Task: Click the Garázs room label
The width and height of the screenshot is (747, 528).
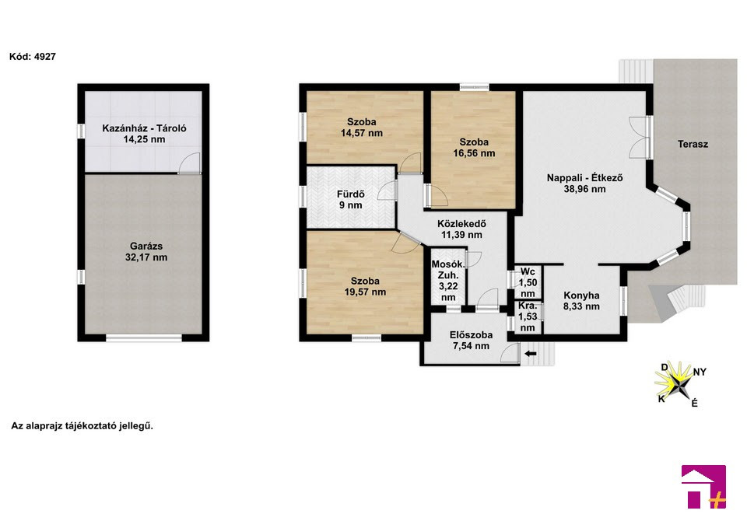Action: pos(146,247)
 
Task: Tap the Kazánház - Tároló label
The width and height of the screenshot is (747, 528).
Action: pos(145,128)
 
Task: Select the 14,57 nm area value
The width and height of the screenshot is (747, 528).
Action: pos(362,133)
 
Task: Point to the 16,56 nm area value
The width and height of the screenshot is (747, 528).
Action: pos(474,153)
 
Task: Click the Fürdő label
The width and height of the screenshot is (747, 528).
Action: pos(351,194)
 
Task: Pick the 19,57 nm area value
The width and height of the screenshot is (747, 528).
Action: pos(366,292)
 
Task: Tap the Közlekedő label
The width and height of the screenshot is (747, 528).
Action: pos(461,223)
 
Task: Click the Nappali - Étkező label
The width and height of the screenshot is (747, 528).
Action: pos(584,178)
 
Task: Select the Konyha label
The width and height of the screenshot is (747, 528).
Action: pos(581,295)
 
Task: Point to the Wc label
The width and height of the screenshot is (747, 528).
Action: pos(528,272)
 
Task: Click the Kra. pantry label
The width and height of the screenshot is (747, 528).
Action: pos(528,306)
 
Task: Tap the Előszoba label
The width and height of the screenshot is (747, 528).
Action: pos(472,334)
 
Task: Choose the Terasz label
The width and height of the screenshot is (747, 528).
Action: pos(693,145)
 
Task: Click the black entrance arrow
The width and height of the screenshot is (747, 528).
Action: pos(530,354)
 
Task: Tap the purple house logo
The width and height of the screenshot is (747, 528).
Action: pos(703,487)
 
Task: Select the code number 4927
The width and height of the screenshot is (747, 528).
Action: pos(45,57)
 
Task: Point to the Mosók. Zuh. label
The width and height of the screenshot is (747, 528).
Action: pos(448,270)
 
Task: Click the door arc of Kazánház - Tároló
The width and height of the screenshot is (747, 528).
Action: pos(191,162)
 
